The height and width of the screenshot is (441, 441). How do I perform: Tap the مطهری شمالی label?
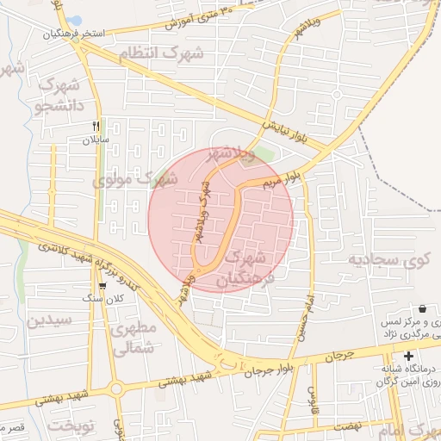pos(134,338)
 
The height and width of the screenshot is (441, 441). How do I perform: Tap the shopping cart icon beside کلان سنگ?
pos(102,286)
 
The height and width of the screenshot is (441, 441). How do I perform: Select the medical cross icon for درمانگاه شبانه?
pos(407,357)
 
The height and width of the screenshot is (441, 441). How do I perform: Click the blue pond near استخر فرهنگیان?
pos(74,20)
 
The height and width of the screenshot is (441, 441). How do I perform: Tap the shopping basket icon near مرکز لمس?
pos(422,308)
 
